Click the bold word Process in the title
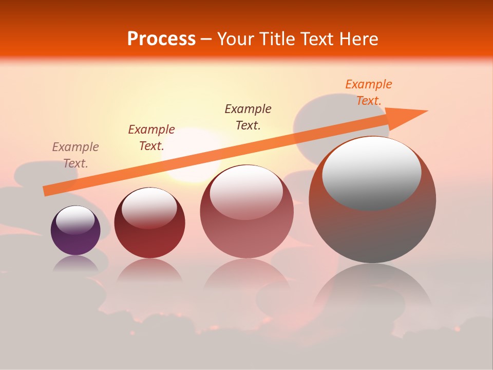click(161, 39)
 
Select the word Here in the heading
click(359, 39)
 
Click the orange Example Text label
click(368, 92)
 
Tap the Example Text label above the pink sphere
click(248, 117)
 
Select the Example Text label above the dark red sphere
click(151, 137)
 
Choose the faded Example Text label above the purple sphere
click(75, 155)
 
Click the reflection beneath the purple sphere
click(75, 264)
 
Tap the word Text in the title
click(318, 39)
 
